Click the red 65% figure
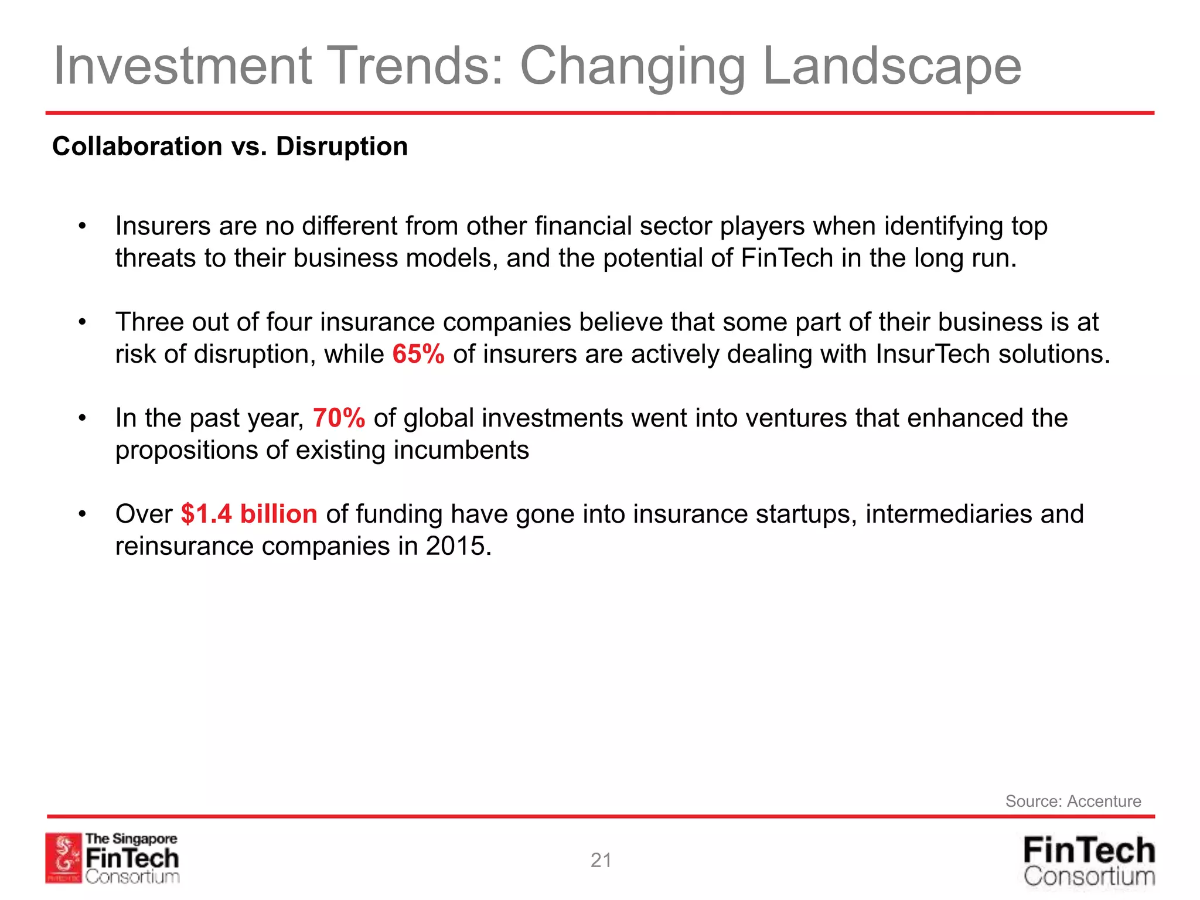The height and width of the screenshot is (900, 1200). (418, 354)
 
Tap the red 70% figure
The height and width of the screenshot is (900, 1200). (339, 418)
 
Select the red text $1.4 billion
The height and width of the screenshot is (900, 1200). (249, 514)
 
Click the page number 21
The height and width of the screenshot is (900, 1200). (601, 860)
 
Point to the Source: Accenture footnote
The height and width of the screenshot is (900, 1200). (1073, 801)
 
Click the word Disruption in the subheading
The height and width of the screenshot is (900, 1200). (342, 146)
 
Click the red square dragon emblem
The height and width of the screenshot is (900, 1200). (63, 858)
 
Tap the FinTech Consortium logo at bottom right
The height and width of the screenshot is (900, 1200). (1089, 861)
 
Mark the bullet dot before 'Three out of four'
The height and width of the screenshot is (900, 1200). (83, 322)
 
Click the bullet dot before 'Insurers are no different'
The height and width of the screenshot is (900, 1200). (83, 226)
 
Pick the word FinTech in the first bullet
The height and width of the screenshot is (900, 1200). (786, 258)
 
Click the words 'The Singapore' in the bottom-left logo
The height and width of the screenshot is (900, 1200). (131, 838)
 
